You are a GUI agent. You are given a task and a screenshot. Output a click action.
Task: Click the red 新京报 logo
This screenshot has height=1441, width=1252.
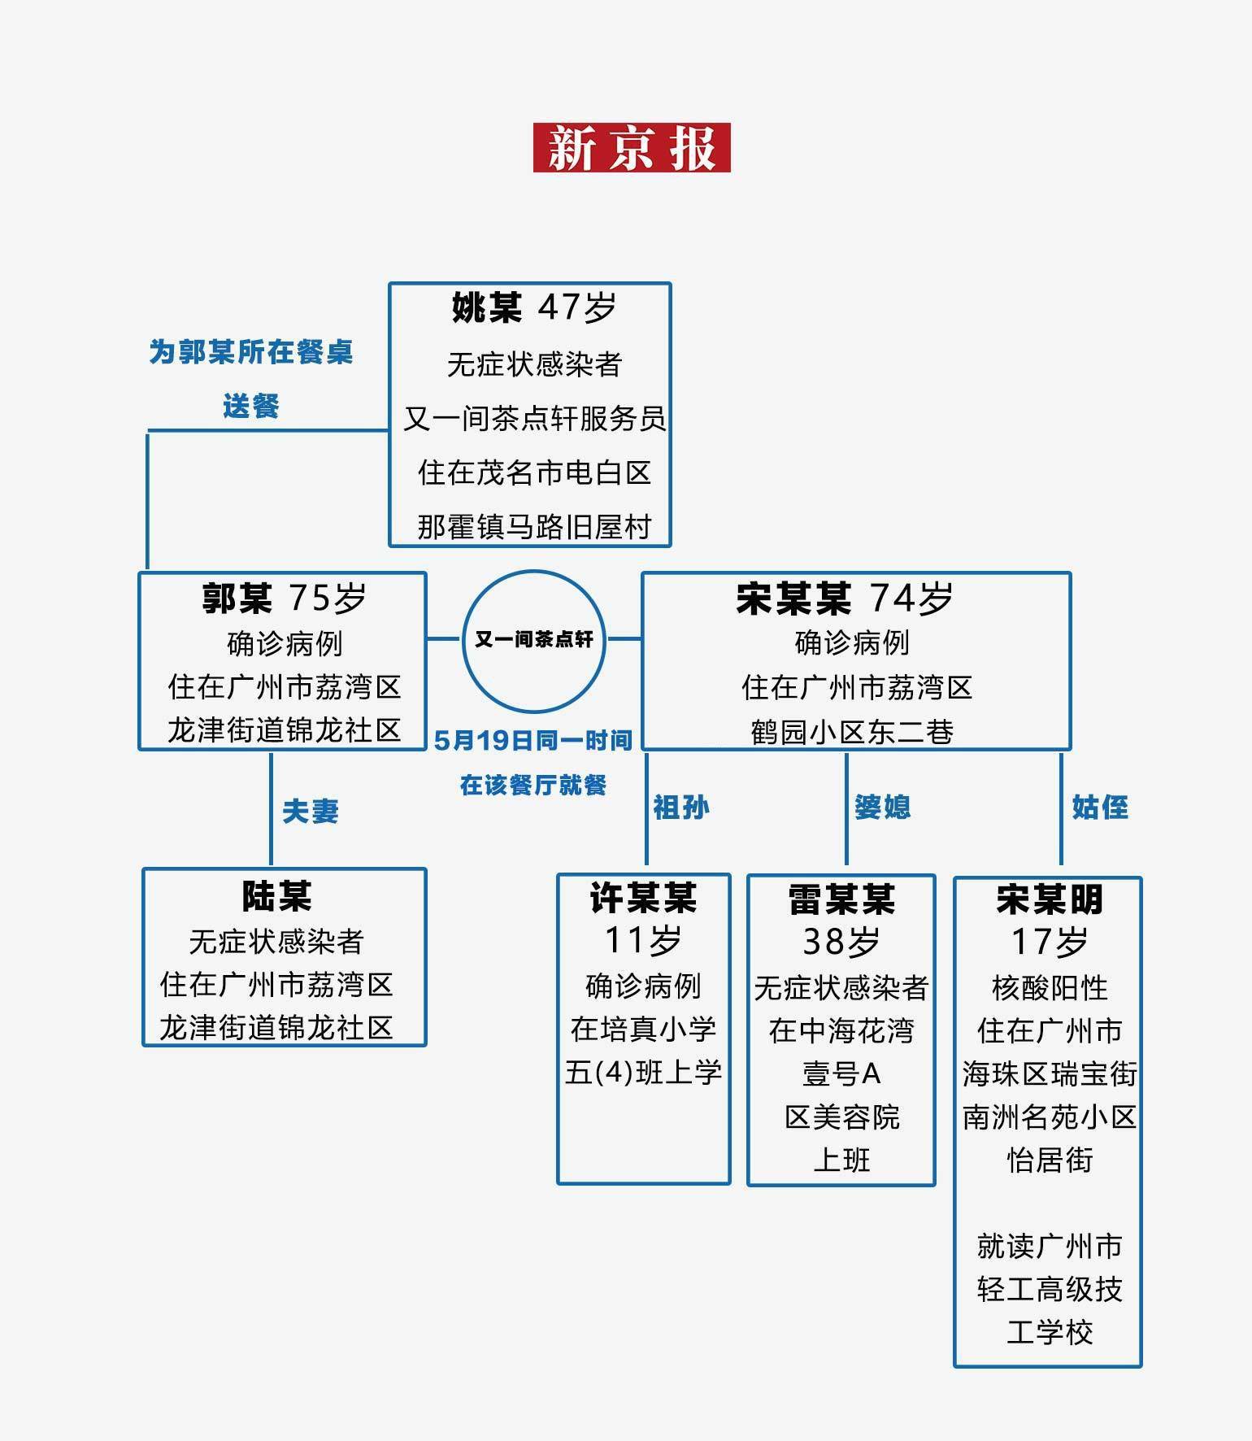(x=632, y=147)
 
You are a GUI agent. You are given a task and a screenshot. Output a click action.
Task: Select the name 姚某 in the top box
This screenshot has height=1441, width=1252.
(x=487, y=308)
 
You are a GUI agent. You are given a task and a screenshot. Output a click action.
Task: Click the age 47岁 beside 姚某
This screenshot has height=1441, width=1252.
(x=577, y=308)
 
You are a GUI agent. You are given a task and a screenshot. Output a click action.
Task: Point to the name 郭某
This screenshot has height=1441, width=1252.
(x=237, y=599)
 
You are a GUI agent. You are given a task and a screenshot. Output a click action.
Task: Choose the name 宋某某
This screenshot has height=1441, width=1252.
(x=793, y=599)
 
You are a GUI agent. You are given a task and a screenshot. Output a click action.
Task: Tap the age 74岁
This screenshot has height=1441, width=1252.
(x=911, y=599)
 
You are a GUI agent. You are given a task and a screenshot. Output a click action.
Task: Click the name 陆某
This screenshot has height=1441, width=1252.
(x=276, y=896)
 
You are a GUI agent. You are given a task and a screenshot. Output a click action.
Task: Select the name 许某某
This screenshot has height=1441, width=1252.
(x=643, y=898)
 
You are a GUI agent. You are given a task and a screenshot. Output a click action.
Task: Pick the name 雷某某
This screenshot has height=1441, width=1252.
(x=841, y=899)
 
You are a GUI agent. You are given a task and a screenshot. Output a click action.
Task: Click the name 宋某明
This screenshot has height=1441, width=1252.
(x=1050, y=899)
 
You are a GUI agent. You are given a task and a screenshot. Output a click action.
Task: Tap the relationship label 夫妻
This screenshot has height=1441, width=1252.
(x=311, y=811)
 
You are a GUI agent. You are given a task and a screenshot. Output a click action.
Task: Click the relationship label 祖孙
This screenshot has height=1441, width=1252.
(x=681, y=807)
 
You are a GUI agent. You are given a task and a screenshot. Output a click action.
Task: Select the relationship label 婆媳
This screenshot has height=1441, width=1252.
(x=883, y=807)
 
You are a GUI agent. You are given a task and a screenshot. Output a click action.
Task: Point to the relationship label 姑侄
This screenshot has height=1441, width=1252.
(x=1100, y=807)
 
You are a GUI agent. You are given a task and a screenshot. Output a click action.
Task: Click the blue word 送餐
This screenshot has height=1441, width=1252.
(x=251, y=406)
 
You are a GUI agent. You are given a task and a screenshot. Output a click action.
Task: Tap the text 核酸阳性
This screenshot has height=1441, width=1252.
(x=1050, y=988)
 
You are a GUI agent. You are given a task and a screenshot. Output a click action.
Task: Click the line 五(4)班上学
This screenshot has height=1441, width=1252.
(x=643, y=1073)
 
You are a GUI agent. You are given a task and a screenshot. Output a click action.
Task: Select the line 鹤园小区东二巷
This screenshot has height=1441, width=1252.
(x=852, y=732)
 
